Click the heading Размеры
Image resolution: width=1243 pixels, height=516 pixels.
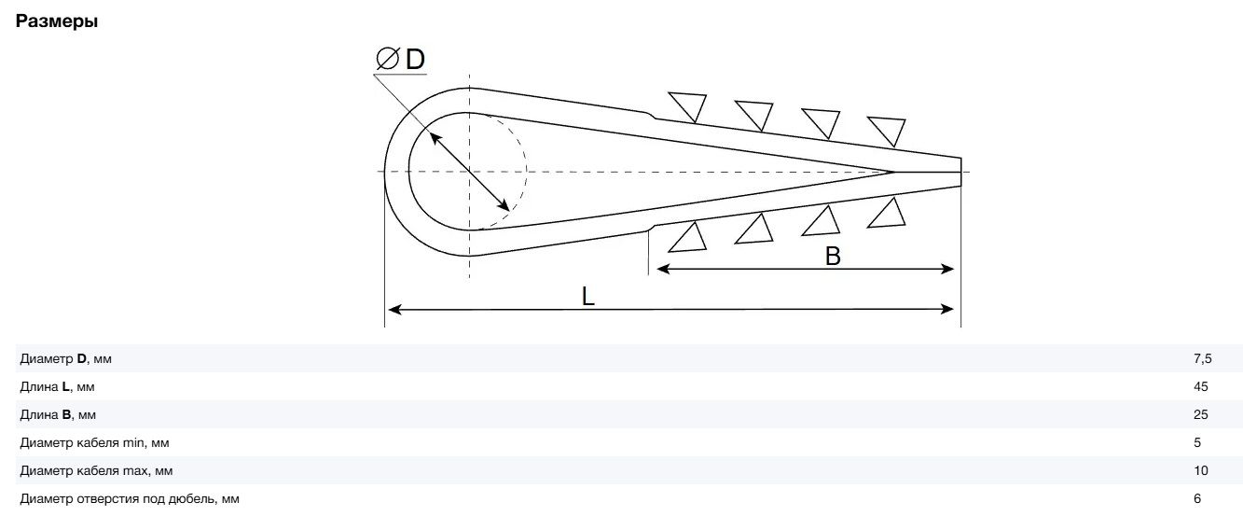click(x=57, y=21)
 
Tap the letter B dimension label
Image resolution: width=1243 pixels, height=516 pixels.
click(x=833, y=256)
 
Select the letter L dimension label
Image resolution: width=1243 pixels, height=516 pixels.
click(x=587, y=296)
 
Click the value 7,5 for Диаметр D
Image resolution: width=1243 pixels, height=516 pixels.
click(x=1203, y=359)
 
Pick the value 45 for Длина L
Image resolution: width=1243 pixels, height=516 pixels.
click(x=1201, y=386)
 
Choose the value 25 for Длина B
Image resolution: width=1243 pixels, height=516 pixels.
click(x=1201, y=414)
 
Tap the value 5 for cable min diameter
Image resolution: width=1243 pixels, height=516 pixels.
click(x=1197, y=442)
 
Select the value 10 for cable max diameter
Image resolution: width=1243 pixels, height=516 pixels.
click(x=1201, y=470)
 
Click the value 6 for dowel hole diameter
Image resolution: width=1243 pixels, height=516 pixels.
click(x=1197, y=499)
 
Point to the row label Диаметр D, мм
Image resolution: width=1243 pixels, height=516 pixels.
click(x=65, y=359)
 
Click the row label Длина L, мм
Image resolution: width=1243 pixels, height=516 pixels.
click(x=57, y=386)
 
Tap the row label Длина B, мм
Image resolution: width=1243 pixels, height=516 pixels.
click(x=58, y=414)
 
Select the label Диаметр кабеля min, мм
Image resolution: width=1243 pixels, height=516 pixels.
click(x=94, y=442)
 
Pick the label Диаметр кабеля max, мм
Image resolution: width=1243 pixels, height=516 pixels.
click(x=96, y=470)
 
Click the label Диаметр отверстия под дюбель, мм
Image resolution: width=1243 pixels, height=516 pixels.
click(x=130, y=499)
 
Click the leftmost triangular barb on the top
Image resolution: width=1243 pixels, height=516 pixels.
click(x=689, y=104)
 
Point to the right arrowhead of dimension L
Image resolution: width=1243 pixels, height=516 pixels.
click(x=947, y=310)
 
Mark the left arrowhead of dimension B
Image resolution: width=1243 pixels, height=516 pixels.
click(x=663, y=270)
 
